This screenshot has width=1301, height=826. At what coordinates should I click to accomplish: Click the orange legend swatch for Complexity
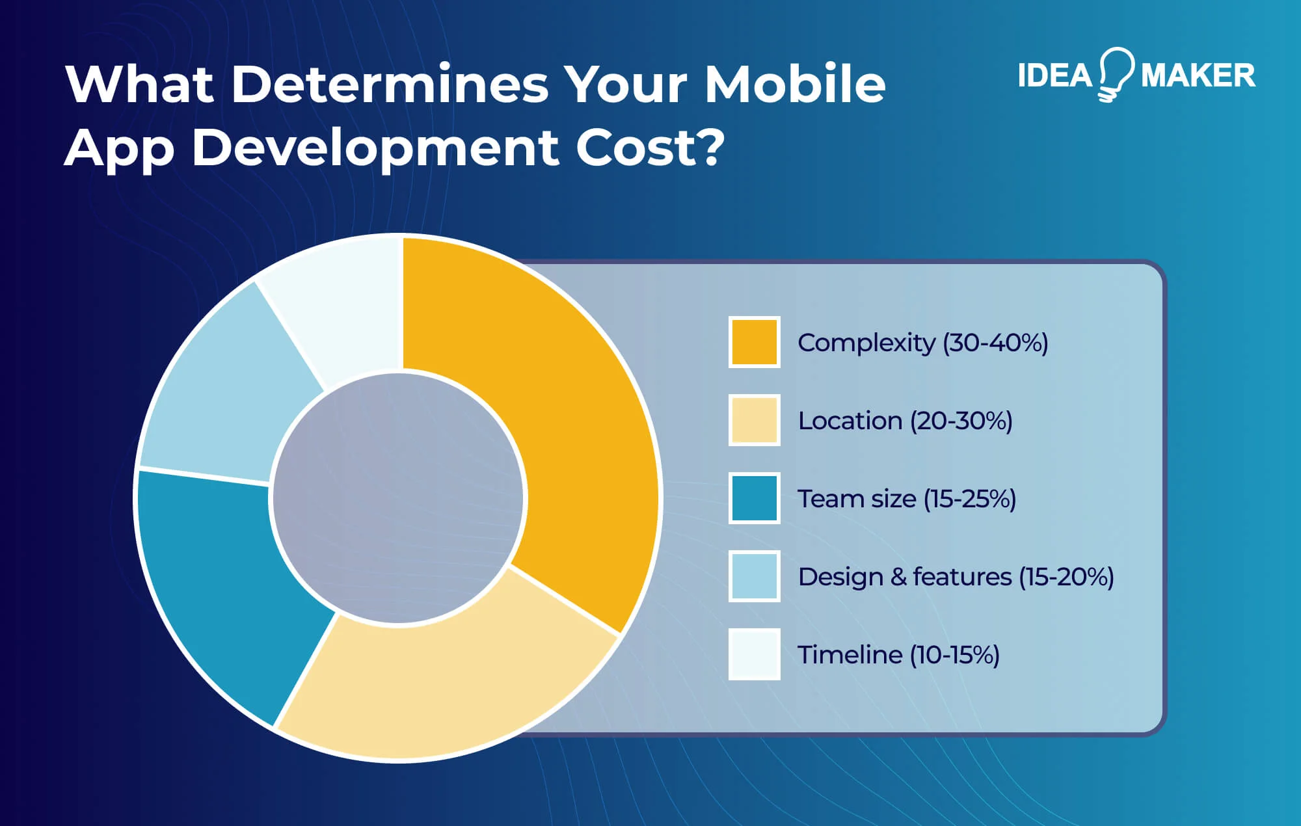[x=754, y=342]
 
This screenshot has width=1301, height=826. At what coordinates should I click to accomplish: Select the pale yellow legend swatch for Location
[x=754, y=420]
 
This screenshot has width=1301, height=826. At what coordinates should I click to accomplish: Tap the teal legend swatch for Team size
[x=754, y=498]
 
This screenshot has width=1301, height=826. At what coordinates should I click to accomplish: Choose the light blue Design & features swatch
[x=754, y=576]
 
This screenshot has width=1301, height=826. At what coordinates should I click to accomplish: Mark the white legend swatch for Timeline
[x=754, y=654]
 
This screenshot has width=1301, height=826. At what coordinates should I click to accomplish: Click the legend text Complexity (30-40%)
[x=922, y=343]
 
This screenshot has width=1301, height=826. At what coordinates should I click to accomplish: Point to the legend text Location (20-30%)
[x=905, y=421]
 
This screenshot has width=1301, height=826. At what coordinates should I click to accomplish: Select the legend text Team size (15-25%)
[x=906, y=499]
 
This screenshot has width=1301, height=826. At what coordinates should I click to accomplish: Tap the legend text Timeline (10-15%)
[x=898, y=655]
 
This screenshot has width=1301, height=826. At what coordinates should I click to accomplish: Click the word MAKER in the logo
[x=1198, y=75]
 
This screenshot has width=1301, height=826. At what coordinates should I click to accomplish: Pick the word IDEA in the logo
[x=1054, y=75]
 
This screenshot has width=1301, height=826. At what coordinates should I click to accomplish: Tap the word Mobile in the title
[x=795, y=84]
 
